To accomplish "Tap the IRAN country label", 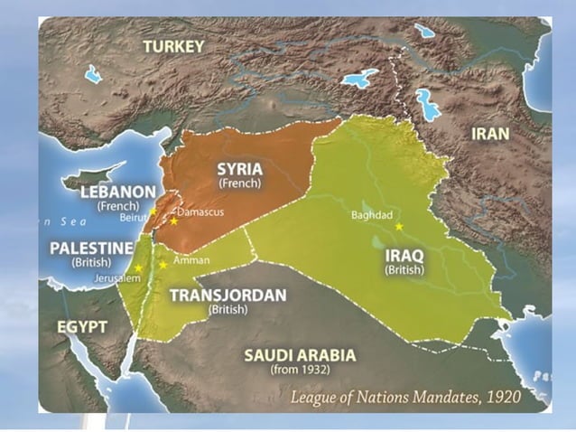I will [490, 134].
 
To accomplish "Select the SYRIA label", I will [239, 168].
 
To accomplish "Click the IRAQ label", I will [404, 255].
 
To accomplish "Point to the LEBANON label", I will [117, 192].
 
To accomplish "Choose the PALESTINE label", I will [92, 247].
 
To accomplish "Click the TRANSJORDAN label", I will [228, 296].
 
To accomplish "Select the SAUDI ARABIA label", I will [300, 354].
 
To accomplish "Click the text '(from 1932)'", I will [300, 369].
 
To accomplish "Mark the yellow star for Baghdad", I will [398, 226].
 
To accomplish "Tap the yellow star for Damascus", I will [173, 221].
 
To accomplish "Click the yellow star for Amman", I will [163, 264].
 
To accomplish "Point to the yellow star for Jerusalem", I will [138, 268].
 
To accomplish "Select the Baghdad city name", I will [371, 215].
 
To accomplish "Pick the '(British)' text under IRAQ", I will [404, 269].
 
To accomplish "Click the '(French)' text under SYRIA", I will [239, 183].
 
